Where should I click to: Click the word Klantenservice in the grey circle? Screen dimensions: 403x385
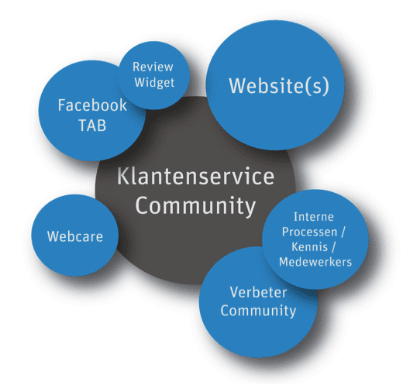pos(195,176)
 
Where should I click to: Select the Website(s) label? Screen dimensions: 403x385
pos(279,86)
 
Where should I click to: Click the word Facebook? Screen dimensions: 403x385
pos(92,105)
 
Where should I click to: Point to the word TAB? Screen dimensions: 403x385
pos(92,125)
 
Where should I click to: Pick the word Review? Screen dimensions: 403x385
pos(153,67)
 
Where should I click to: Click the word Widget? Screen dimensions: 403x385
pos(154,83)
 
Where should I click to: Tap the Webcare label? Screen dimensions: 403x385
pos(75,236)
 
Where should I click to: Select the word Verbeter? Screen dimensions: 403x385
pos(258,292)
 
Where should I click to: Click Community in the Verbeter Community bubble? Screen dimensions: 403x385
pos(258,311)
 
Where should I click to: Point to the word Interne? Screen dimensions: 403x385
pos(314,217)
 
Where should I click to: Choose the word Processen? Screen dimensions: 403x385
pos(309,232)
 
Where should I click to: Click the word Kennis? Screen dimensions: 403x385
pos(310,247)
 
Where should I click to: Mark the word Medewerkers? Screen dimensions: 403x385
pos(315,262)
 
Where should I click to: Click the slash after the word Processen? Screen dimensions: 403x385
pos(343,232)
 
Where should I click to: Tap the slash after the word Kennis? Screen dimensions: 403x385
pos(333,247)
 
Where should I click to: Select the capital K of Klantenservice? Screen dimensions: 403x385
pos(122,176)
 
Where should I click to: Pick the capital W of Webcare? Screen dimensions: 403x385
pos(53,236)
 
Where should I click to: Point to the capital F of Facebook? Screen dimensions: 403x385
pos(62,105)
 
